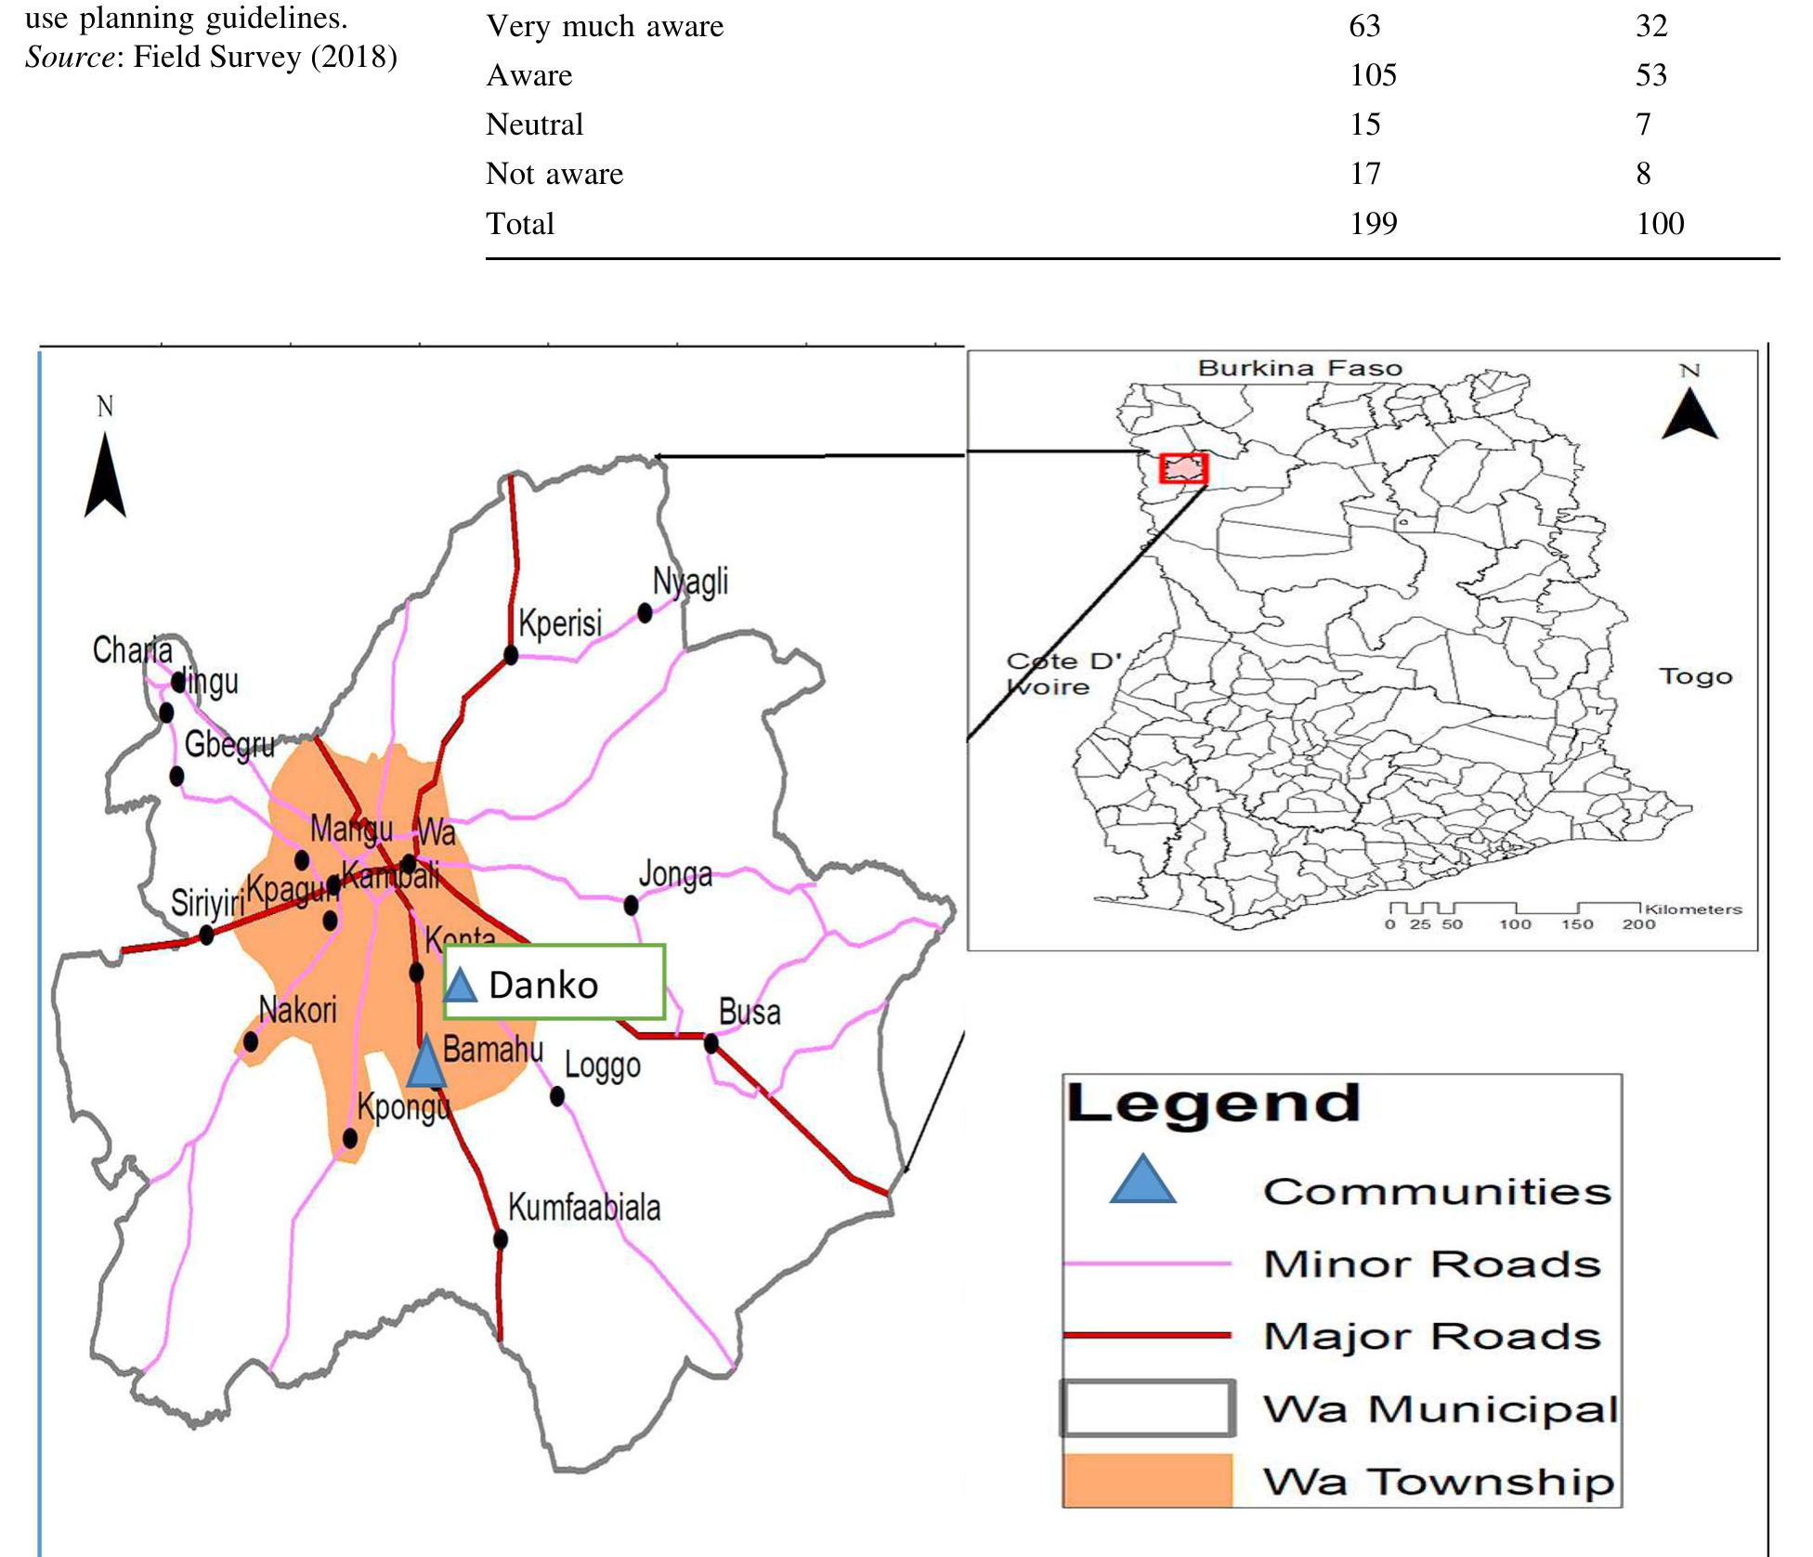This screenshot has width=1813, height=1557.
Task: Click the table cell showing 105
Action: click(1373, 75)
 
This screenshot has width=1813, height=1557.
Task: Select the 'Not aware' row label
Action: click(554, 174)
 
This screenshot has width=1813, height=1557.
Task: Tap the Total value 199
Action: click(1373, 224)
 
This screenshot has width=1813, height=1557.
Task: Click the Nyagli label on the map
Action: click(690, 582)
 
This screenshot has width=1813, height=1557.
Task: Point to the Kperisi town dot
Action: click(511, 655)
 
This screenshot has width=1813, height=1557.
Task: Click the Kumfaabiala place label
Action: click(584, 1208)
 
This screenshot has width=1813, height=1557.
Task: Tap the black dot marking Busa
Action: click(711, 1043)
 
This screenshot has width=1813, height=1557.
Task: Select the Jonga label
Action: click(675, 874)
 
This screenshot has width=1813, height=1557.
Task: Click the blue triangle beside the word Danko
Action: click(460, 984)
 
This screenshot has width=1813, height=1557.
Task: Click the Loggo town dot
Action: click(557, 1096)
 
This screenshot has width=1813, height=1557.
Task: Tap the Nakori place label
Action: click(297, 1010)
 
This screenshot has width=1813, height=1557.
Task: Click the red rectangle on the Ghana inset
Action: click(1184, 468)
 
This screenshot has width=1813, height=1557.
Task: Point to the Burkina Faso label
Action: click(1299, 368)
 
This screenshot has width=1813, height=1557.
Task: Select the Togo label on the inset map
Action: click(1695, 676)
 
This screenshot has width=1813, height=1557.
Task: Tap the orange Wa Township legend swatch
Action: click(1148, 1480)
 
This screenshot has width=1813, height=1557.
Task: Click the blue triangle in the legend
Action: click(1142, 1182)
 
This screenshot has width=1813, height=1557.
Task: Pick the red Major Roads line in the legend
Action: click(1147, 1335)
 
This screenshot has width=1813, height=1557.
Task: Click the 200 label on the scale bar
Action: click(1638, 924)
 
